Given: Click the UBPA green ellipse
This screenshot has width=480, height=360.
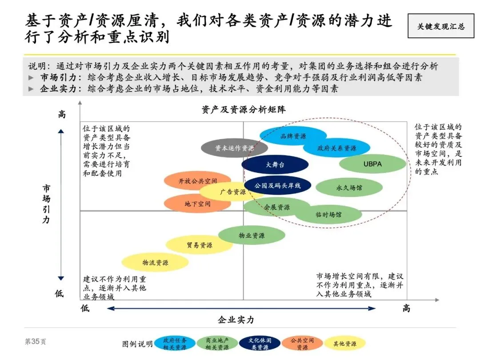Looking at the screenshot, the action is tap(372, 164).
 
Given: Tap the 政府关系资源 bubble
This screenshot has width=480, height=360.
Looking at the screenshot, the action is tap(336, 148).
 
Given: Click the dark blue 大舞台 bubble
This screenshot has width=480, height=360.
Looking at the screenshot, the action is tap(275, 164).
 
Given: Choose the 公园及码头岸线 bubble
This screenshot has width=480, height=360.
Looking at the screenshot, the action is tap(277, 185).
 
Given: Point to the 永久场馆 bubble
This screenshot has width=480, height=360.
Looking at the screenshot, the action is tap(349, 188).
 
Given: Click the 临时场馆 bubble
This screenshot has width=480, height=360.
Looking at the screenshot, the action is tap(328, 214).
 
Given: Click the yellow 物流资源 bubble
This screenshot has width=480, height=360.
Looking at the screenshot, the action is tap(155, 263).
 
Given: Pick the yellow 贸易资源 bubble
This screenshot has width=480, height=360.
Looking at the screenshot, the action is tap(199, 245).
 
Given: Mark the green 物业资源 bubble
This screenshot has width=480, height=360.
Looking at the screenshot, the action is tap(251, 236).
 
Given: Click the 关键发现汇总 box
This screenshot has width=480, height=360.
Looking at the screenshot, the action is tap(440, 26).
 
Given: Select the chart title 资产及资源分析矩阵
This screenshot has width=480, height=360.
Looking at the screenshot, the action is tap(243, 110).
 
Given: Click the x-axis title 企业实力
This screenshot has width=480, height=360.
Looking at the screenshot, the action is tap(236, 320).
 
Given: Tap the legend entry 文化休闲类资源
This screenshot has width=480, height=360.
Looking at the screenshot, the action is tap(260, 344).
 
